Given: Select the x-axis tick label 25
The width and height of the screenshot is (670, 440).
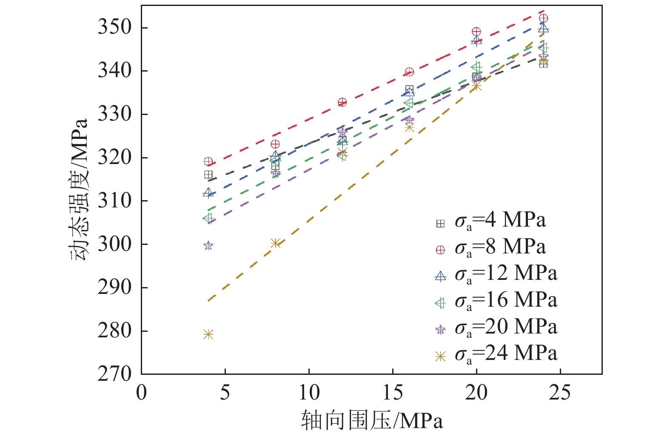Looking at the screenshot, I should [x=559, y=393].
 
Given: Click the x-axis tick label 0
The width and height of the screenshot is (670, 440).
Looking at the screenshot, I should [x=141, y=393].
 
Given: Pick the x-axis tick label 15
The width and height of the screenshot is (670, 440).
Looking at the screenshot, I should [x=392, y=393].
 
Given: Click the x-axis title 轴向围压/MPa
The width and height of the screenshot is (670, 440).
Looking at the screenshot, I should [x=372, y=421].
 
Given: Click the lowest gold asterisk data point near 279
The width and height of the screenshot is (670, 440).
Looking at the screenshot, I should [x=208, y=334].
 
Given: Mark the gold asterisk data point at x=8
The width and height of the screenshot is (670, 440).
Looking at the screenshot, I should [x=275, y=243].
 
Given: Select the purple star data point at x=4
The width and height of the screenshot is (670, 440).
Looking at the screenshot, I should [x=208, y=245].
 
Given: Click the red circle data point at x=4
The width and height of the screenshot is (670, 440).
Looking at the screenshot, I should [x=208, y=161].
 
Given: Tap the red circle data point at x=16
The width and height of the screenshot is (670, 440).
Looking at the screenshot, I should [x=409, y=72].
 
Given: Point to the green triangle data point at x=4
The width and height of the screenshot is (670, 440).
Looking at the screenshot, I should [x=208, y=218].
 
